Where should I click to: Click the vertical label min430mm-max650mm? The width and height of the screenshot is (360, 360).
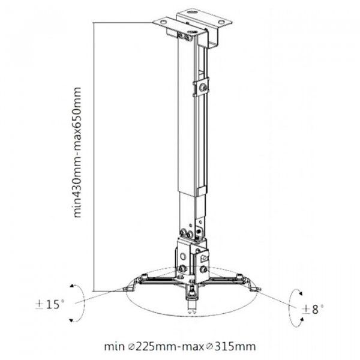tap(77, 152)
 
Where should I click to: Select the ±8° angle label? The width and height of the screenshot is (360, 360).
tap(313, 309)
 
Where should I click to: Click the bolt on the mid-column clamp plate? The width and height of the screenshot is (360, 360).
tap(203, 88)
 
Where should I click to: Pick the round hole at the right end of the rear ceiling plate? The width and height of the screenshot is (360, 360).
tap(221, 22)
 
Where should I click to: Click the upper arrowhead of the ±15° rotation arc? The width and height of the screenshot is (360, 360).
tap(72, 286)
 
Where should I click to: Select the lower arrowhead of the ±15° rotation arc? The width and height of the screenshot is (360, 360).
tap(71, 320)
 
